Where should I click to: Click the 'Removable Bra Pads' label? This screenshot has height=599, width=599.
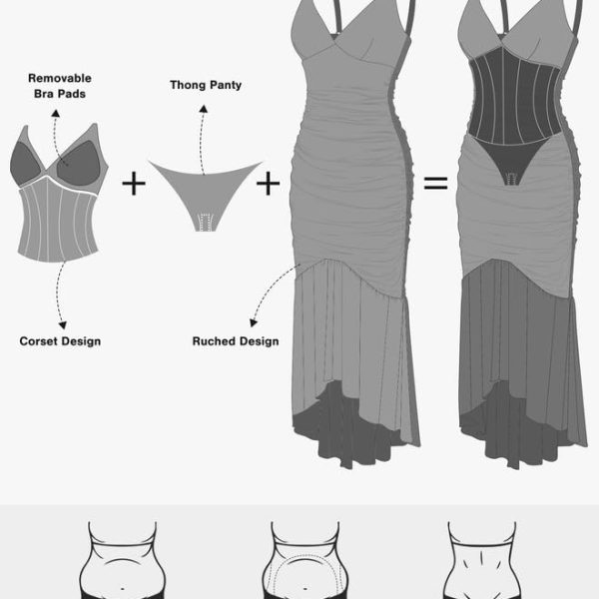pos(60,86)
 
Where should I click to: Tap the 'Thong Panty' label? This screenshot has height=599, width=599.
pos(206,85)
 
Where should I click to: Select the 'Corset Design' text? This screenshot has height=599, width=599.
pos(60,341)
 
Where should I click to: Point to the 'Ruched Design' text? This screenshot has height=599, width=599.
pos(236,341)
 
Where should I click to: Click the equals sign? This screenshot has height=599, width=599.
pos(435,183)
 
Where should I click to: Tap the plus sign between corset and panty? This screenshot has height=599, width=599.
pos(134,184)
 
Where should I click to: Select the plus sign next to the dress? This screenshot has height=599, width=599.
pos(268,184)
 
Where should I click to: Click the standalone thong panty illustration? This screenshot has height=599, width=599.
pos(206,191)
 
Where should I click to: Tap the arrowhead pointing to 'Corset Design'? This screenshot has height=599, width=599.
pos(63,325)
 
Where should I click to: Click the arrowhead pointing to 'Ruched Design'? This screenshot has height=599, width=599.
pos(253,322)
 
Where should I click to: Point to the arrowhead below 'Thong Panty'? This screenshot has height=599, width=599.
pos(204,109)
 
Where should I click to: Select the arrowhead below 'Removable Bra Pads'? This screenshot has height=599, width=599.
pos(56,113)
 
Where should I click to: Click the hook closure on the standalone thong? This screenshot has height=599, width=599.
pos(205,223)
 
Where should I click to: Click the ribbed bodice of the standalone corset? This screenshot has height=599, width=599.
pos(57,222)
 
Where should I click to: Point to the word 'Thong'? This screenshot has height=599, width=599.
pos(188,85)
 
